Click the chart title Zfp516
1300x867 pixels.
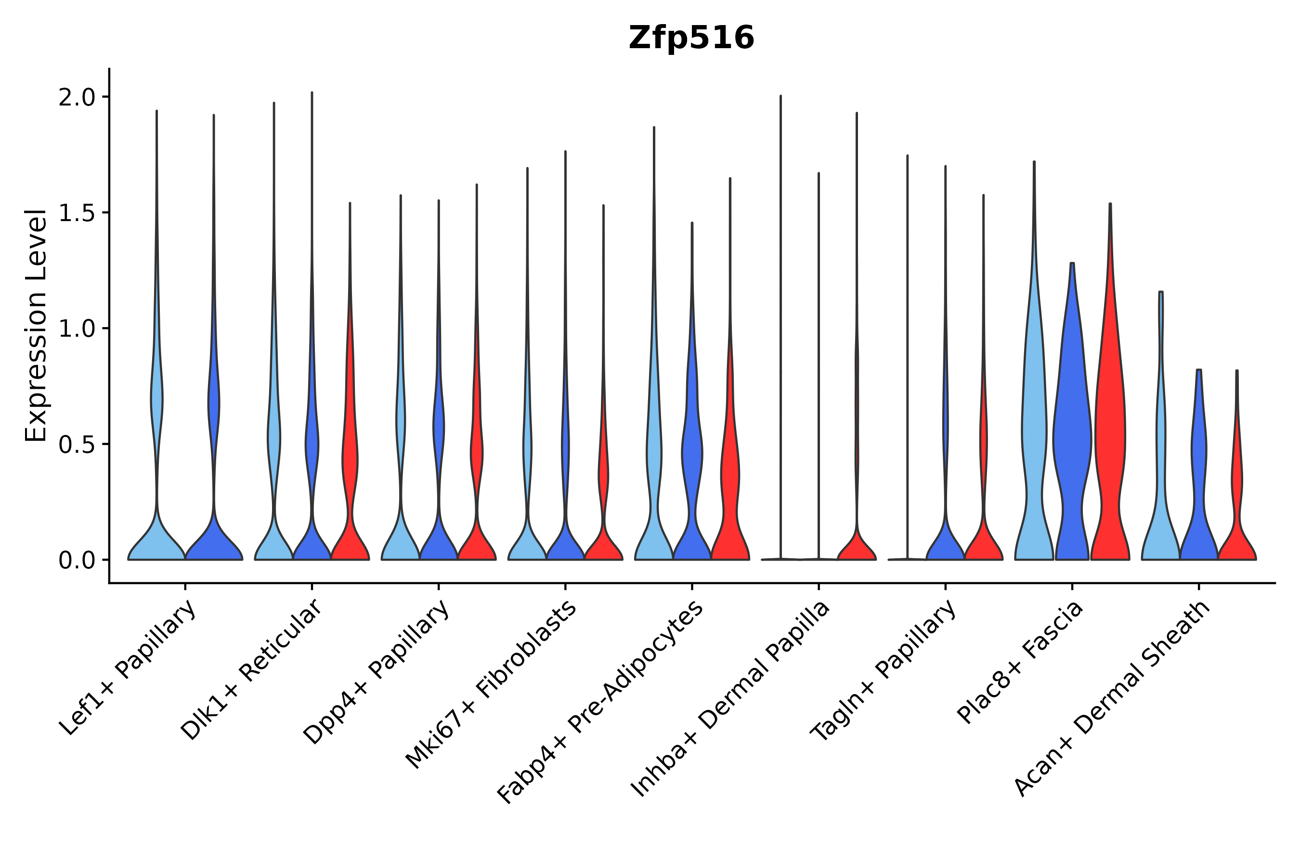click(691, 38)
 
